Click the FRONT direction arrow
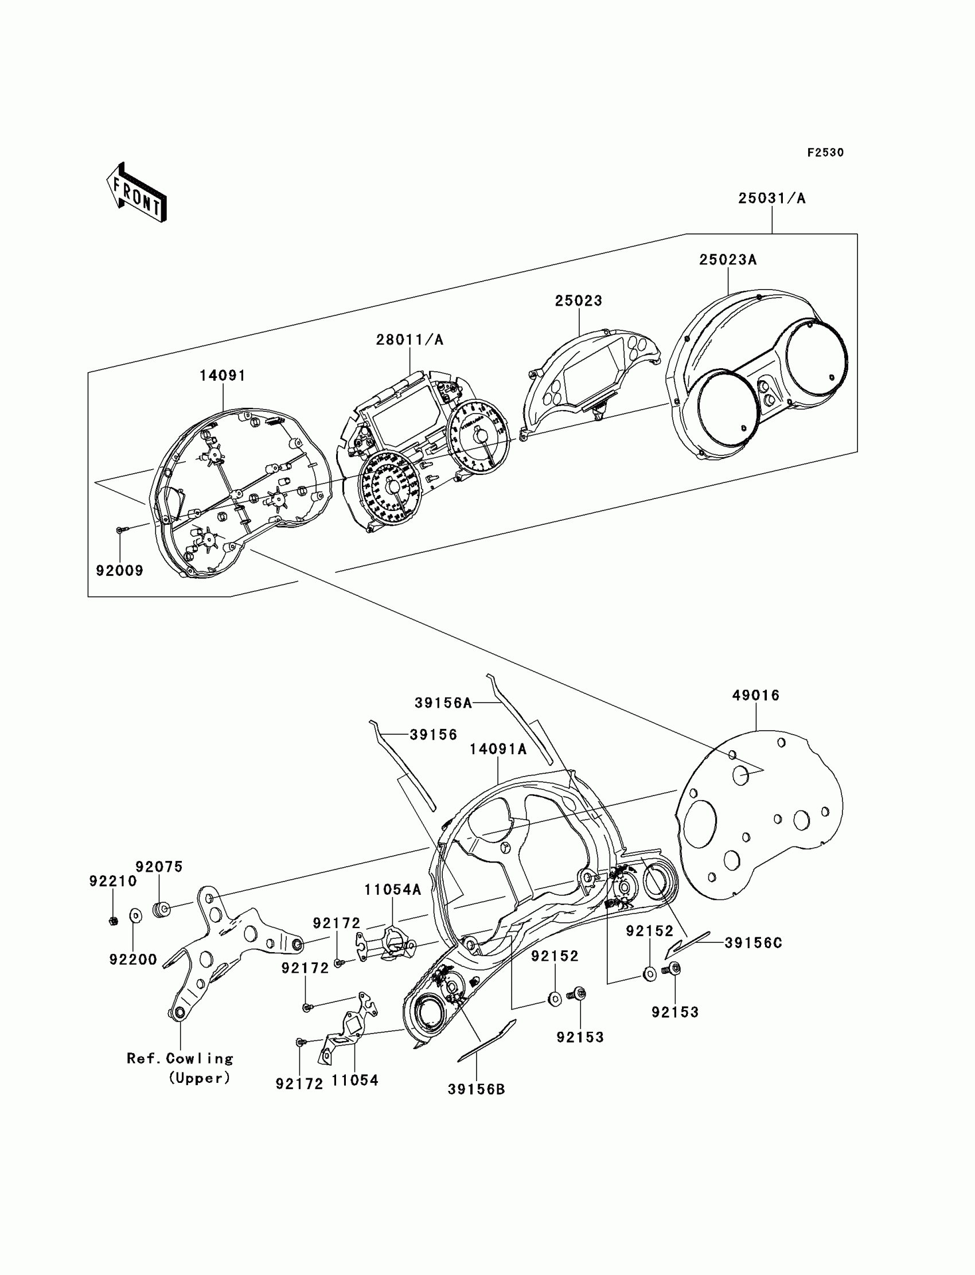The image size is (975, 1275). tap(137, 192)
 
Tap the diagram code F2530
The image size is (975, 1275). tap(825, 153)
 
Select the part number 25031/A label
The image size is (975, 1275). tap(771, 198)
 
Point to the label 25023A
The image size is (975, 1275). tap(728, 260)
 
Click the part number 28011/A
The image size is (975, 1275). tap(409, 340)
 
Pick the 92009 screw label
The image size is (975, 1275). tap(119, 571)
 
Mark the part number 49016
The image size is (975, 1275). tap(756, 695)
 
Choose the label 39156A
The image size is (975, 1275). tap(443, 703)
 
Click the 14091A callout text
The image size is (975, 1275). tap(498, 749)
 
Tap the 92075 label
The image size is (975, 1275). tap(159, 867)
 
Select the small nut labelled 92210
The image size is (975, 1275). tap(114, 921)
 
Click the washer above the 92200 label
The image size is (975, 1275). tap(135, 916)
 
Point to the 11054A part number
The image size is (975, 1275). tap(392, 890)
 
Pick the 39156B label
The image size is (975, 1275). tap(476, 1089)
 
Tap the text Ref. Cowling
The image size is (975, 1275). tap(180, 1058)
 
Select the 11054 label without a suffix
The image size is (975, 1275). tap(354, 1080)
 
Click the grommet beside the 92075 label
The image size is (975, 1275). tap(161, 910)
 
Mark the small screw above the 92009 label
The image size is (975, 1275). tap(120, 529)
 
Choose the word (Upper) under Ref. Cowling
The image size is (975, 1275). tap(199, 1078)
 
